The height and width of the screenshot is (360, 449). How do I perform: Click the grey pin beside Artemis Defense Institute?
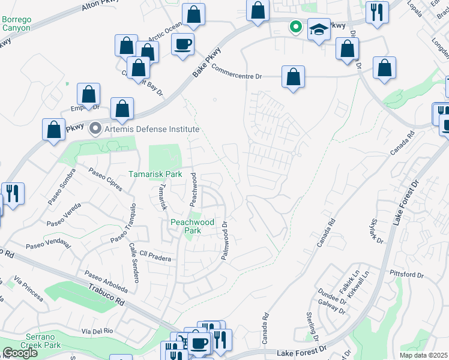point(94,128)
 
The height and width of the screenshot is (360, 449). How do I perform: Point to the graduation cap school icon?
point(318,29)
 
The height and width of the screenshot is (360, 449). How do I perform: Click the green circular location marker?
point(295,26)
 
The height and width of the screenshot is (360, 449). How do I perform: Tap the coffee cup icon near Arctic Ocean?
point(182,43)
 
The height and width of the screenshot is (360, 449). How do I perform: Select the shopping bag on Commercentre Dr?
point(293,77)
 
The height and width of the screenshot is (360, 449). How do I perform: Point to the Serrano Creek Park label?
point(35,341)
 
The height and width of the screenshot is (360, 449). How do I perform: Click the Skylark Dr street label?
point(376,231)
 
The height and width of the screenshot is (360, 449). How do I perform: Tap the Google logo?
point(20,353)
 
